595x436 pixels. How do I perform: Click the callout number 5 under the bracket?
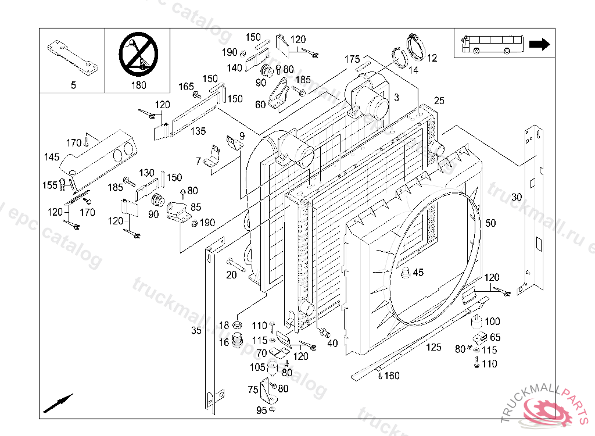click(x=73, y=85)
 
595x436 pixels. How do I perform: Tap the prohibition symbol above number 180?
click(x=138, y=53)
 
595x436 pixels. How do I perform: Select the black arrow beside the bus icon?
click(x=540, y=45)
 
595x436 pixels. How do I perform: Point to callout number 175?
click(x=352, y=59)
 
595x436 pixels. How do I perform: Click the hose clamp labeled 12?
click(x=417, y=45)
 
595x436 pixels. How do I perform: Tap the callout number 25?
click(x=439, y=101)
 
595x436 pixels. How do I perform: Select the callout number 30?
click(x=517, y=197)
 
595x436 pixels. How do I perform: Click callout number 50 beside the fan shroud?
click(x=491, y=223)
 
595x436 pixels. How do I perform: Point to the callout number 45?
click(x=418, y=272)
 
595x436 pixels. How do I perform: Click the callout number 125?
click(x=433, y=348)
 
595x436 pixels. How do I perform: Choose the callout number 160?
click(x=392, y=376)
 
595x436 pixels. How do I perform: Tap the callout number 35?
click(x=196, y=331)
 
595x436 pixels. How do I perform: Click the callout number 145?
click(x=52, y=157)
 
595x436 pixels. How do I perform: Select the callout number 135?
click(x=199, y=131)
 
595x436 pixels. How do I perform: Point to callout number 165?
click(x=186, y=87)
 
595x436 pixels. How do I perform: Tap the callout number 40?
click(x=332, y=343)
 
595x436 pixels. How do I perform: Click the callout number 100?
click(x=492, y=321)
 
